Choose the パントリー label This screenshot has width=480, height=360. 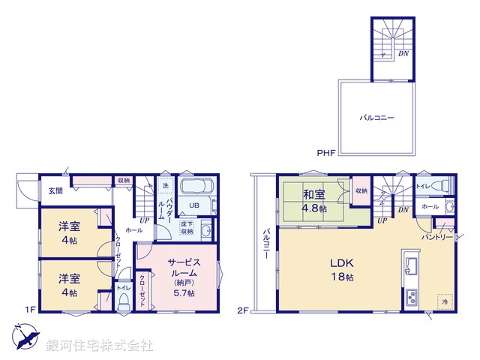(437, 237)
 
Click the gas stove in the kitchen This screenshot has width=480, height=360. (413, 298)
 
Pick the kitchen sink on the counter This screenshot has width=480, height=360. (412, 265)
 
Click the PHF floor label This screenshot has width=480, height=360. (325, 153)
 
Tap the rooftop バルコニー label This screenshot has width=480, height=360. (376, 118)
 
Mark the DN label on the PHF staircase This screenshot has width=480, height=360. (403, 54)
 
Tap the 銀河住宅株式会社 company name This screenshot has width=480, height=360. (99, 346)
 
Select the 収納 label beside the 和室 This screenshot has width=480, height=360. (361, 190)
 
